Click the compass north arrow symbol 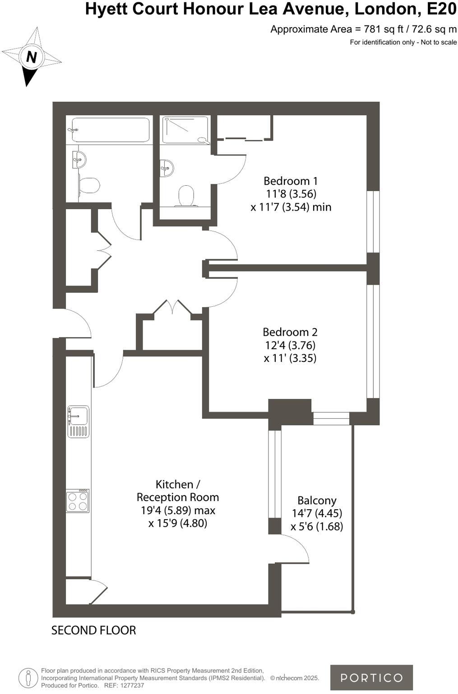click(x=31, y=57)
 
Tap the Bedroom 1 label click(x=291, y=181)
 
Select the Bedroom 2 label click(x=290, y=332)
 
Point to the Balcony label click(x=317, y=501)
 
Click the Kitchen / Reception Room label click(x=177, y=491)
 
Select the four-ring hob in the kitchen click(x=78, y=501)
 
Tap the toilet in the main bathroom click(x=89, y=185)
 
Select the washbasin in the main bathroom click(x=80, y=159)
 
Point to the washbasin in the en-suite click(x=167, y=168)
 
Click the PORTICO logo click(x=371, y=677)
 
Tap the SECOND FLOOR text click(x=93, y=630)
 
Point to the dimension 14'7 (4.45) click(x=317, y=513)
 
